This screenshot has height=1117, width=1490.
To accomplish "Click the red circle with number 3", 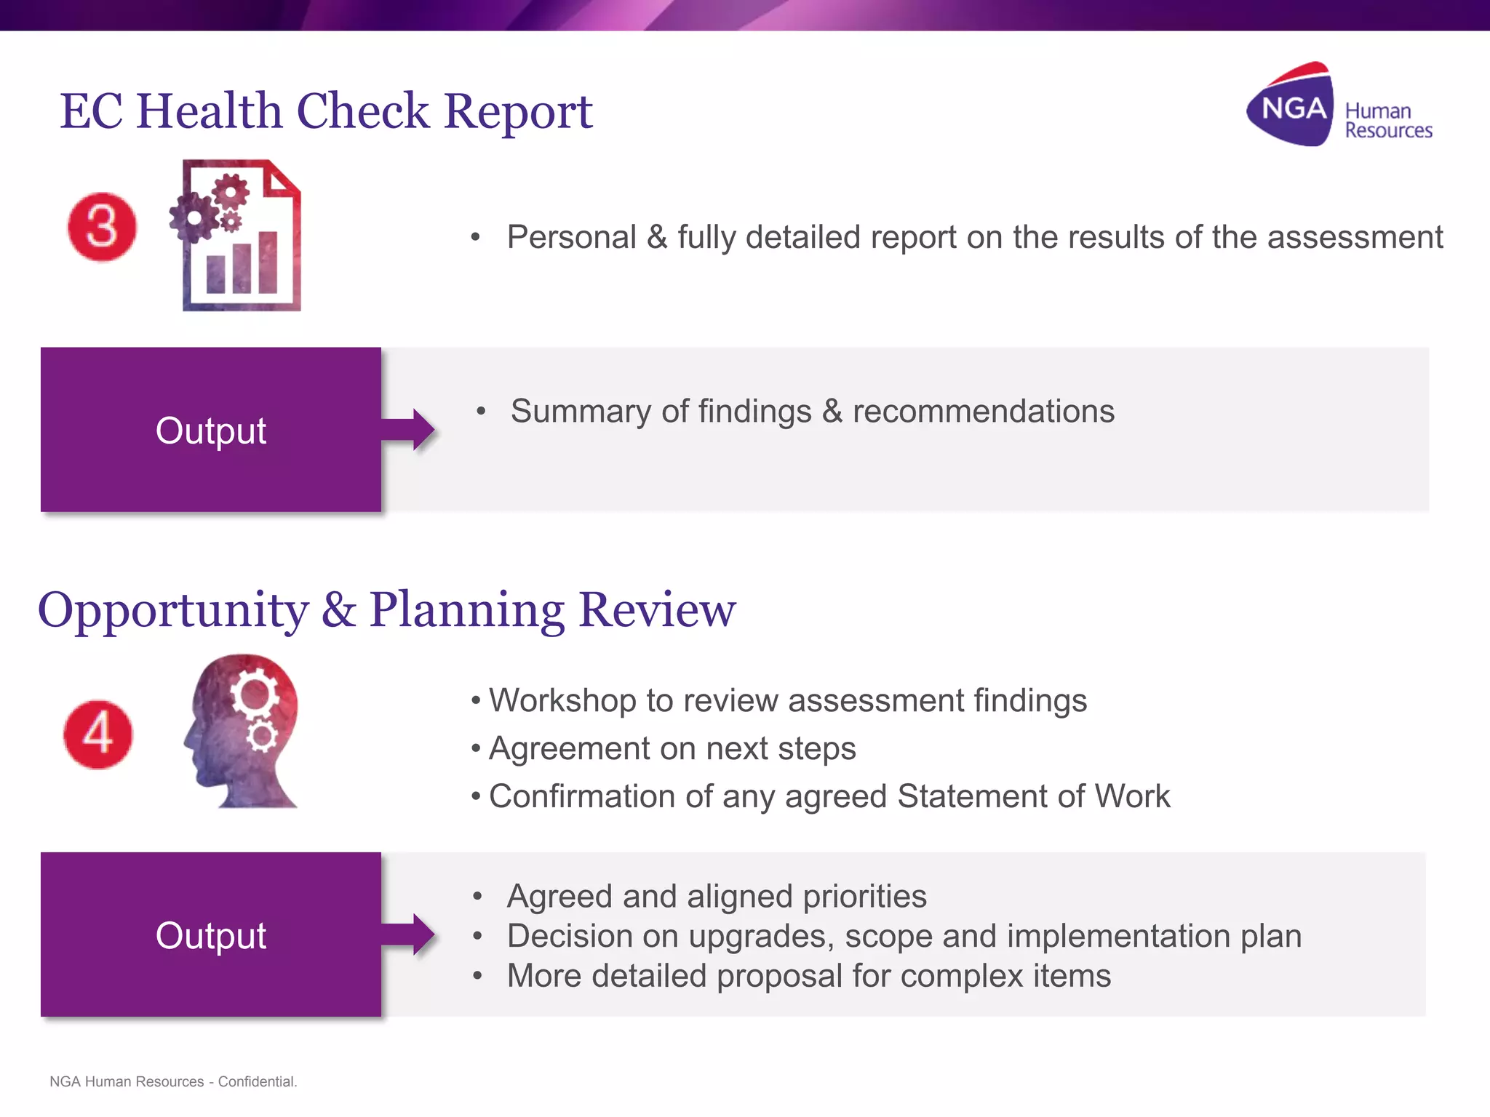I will (102, 227).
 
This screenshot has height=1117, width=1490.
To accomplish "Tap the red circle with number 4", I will (98, 734).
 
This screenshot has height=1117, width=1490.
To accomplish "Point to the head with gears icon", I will (242, 730).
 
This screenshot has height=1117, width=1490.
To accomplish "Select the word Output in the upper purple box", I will (211, 431).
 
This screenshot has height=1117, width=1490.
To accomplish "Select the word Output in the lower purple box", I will (211, 935).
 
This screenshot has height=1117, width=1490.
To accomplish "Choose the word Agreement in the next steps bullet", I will (569, 749).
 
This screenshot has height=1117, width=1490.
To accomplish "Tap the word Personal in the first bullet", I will (572, 238).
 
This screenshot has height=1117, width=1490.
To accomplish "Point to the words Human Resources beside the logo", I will (1388, 121).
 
